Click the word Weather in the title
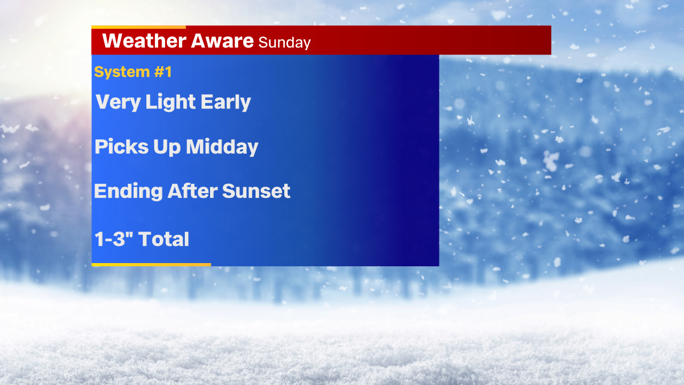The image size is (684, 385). (144, 41)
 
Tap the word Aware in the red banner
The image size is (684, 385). (222, 41)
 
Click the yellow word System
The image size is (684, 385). (122, 72)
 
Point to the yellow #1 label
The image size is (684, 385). (163, 72)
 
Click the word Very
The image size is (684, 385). (118, 102)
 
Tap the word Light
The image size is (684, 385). (170, 102)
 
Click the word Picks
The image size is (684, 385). (121, 147)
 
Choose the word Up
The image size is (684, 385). (167, 148)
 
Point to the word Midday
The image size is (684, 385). (222, 147)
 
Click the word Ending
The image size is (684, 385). (128, 191)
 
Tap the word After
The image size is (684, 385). (192, 191)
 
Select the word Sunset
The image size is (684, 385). (256, 191)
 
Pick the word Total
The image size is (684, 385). (164, 238)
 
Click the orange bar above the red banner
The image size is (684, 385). (138, 27)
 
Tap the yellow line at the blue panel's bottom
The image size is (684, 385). (151, 265)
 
